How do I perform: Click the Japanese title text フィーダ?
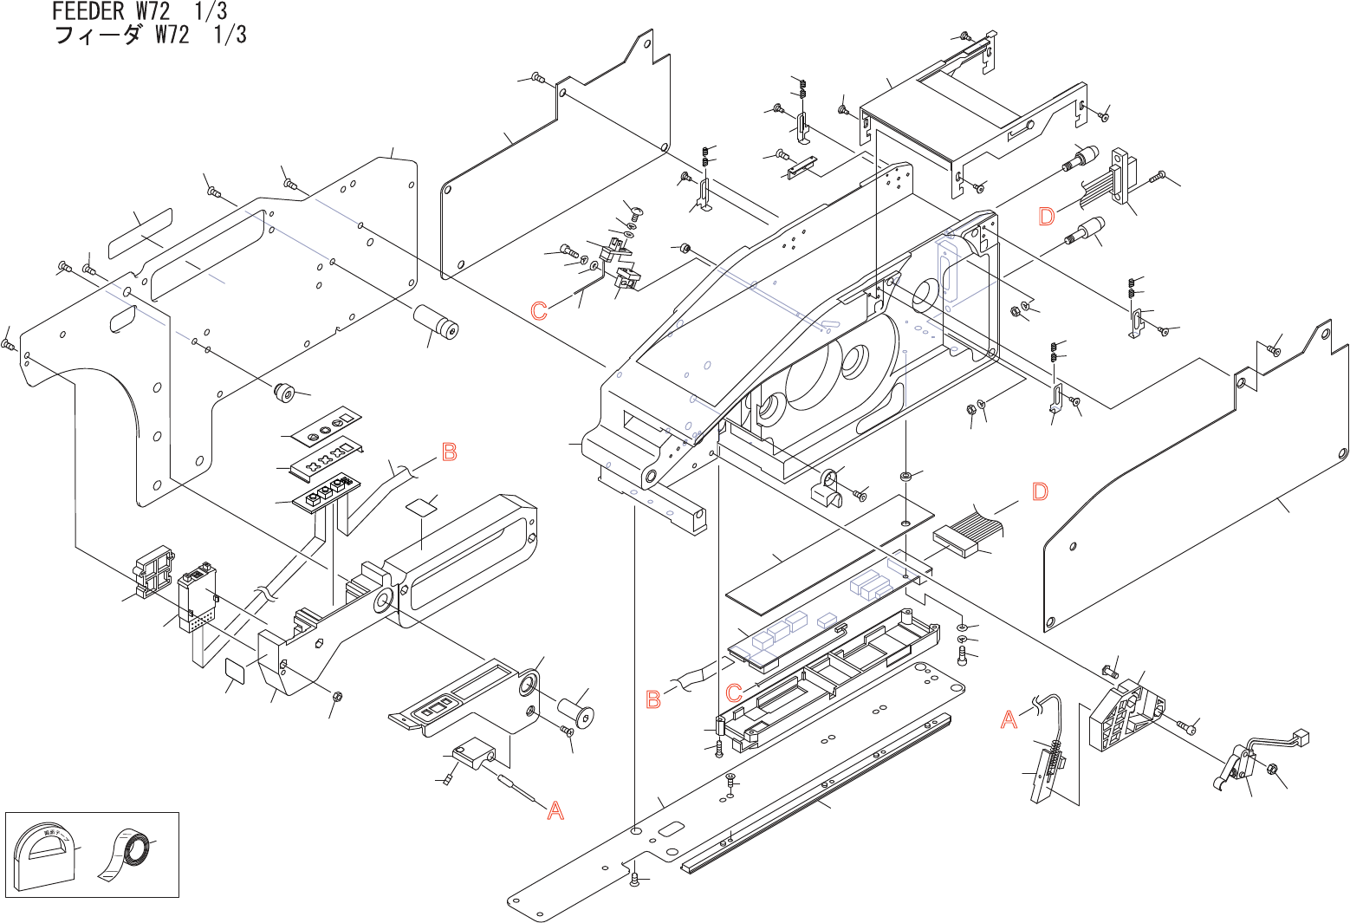pos(97,36)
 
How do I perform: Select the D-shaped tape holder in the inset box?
pos(43,853)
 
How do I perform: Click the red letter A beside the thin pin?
pos(555,811)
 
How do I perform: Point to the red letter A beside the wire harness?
pos(1009,719)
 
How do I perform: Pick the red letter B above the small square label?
pos(449,452)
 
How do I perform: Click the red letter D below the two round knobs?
pos(1047,217)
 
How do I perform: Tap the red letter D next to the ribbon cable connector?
pos(1040,492)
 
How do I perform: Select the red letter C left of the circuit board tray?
pos(733,692)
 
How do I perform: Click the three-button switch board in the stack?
pos(326,492)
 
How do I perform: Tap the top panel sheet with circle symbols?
pos(322,425)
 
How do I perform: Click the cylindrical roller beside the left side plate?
pos(435,322)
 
